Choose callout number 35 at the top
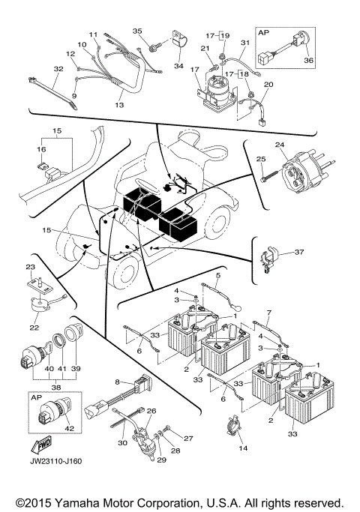pos(137,31)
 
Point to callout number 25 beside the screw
pos(261,160)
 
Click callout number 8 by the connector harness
pos(118,382)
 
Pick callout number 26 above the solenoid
pos(151,411)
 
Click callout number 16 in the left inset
pos(43,150)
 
